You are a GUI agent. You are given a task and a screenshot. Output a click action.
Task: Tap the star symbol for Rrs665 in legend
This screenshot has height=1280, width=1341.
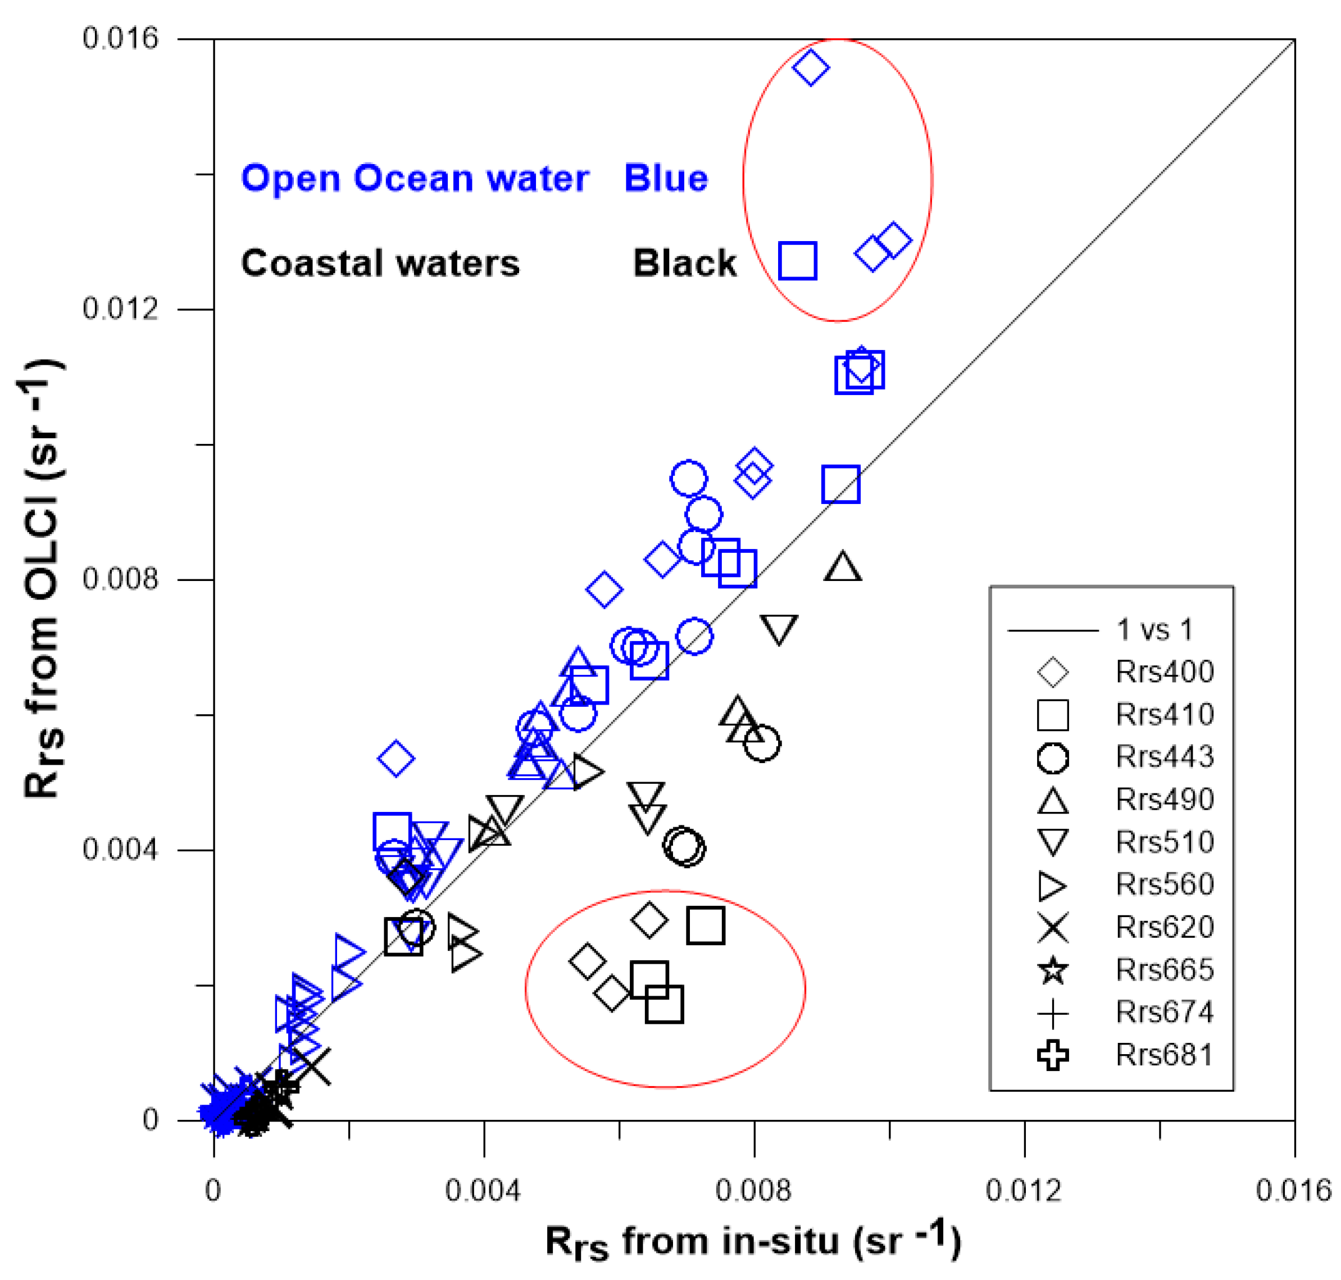click(1052, 970)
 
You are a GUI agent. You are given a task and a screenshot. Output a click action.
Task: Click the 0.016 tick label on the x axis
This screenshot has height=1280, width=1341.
click(1293, 1191)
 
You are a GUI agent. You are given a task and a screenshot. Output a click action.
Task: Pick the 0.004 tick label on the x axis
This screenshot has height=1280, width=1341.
click(483, 1191)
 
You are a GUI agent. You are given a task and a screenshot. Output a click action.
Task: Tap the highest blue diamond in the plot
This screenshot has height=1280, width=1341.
click(810, 67)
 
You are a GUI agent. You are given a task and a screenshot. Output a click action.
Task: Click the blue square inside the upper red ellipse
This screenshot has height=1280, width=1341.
click(797, 261)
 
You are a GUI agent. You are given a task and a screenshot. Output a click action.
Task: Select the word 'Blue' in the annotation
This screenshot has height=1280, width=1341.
click(666, 179)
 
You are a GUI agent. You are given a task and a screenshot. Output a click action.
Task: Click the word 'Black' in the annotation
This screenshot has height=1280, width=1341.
click(684, 264)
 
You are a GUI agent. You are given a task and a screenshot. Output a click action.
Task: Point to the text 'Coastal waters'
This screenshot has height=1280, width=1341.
click(380, 264)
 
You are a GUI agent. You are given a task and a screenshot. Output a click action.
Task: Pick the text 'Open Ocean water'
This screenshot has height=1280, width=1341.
click(415, 179)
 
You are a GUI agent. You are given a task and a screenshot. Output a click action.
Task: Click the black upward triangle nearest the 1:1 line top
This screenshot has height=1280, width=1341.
click(842, 567)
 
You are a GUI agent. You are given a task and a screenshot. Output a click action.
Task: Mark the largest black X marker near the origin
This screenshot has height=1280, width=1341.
click(312, 1066)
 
